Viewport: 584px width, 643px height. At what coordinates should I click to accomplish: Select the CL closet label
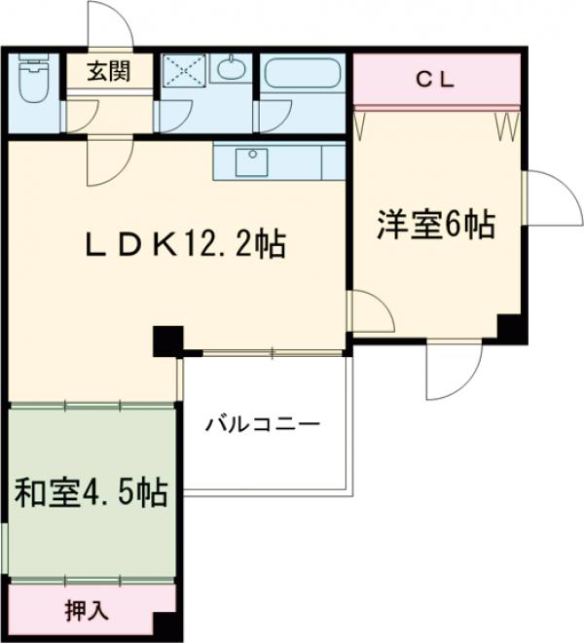435,82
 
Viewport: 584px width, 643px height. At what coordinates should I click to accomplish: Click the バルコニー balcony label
262,425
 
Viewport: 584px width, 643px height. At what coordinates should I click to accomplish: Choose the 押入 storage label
88,611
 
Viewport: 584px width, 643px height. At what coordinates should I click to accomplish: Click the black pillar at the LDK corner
167,339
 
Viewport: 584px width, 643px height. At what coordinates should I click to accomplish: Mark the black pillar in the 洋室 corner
509,328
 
